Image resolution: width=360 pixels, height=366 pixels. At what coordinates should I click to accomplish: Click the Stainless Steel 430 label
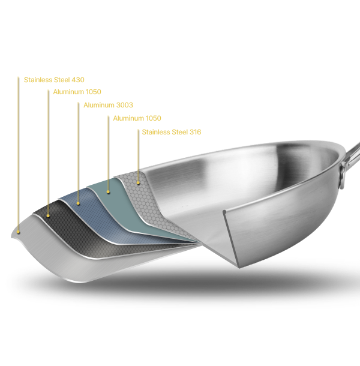pyautogui.click(x=54, y=80)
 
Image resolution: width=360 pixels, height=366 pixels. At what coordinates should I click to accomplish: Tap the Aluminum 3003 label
pyautogui.click(x=108, y=105)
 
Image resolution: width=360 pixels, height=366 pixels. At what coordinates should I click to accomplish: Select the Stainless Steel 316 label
pyautogui.click(x=172, y=132)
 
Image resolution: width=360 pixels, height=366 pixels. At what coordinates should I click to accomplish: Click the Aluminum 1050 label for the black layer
pyautogui.click(x=77, y=92)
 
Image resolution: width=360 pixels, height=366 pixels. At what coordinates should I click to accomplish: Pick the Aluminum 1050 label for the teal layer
pyautogui.click(x=137, y=118)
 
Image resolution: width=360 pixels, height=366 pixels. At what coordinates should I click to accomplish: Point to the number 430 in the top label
pyautogui.click(x=78, y=80)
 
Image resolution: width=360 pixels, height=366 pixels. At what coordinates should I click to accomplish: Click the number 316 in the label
pyautogui.click(x=195, y=132)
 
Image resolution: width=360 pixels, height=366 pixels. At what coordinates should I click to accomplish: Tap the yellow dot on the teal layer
pyautogui.click(x=108, y=192)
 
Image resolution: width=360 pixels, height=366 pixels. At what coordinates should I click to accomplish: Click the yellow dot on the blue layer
pyautogui.click(x=78, y=203)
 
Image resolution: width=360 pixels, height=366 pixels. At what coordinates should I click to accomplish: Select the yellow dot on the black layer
pyautogui.click(x=48, y=216)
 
